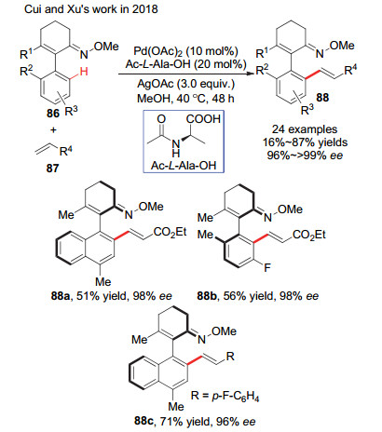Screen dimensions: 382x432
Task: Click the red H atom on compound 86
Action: click(x=84, y=72)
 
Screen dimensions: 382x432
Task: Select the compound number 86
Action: click(x=53, y=114)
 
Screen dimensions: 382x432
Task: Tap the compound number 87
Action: click(x=52, y=169)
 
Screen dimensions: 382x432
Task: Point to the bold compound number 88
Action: click(x=322, y=98)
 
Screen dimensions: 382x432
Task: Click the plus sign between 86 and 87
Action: click(x=53, y=129)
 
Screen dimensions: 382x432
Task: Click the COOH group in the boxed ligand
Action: click(x=203, y=119)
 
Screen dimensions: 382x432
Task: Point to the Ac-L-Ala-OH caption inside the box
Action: click(x=184, y=166)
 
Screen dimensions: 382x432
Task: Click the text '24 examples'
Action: click(x=305, y=129)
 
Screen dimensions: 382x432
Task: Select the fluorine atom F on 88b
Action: click(x=267, y=267)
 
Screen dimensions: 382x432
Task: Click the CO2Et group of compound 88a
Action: click(x=170, y=232)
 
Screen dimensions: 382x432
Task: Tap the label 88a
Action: click(x=61, y=296)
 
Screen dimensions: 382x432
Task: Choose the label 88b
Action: click(x=208, y=296)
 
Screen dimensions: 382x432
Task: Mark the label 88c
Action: click(x=144, y=421)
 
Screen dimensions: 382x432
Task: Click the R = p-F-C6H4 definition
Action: click(x=225, y=396)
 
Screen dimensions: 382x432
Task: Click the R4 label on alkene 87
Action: click(x=67, y=151)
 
